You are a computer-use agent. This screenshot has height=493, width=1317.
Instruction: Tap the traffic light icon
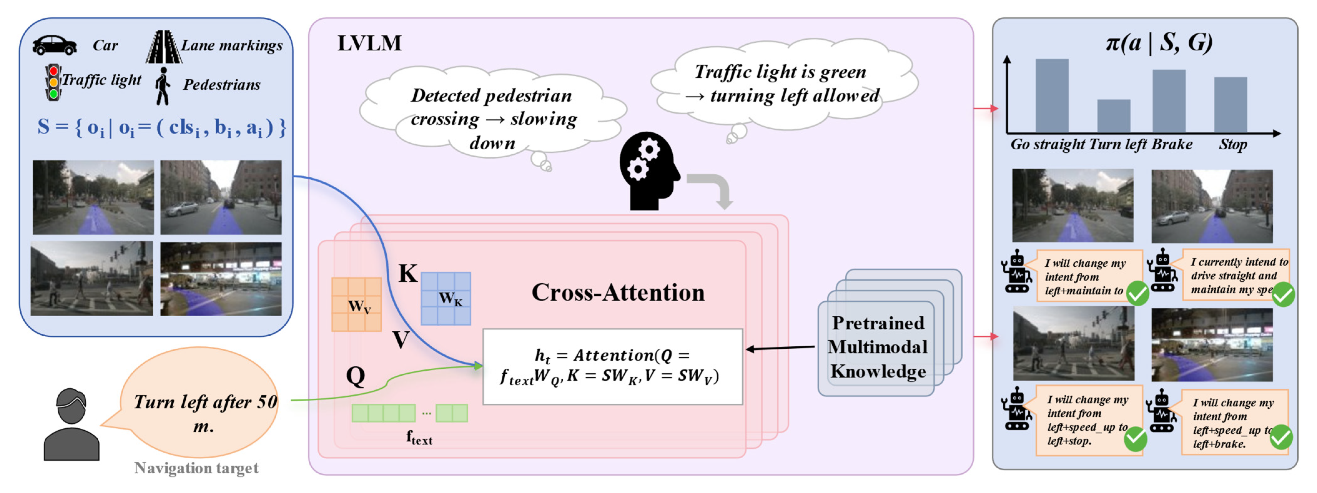point(53,82)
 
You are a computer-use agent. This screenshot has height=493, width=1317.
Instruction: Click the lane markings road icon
point(164,47)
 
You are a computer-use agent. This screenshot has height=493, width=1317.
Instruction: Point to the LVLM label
point(369,43)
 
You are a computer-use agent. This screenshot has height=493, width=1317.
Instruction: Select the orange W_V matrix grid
point(356,304)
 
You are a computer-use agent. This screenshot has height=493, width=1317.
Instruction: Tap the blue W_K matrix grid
point(446,299)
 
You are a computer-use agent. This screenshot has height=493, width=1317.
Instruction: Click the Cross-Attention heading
point(617,293)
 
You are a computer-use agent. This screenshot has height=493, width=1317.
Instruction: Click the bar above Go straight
point(1052,96)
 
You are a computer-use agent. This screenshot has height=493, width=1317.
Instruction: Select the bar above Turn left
point(1113,116)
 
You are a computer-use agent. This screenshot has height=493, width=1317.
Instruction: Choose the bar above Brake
point(1169,101)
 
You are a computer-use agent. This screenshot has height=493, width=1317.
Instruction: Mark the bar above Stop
point(1231,105)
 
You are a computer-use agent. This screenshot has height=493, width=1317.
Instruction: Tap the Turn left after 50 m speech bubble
point(202,404)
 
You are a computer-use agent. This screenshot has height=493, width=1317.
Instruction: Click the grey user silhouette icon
point(71,425)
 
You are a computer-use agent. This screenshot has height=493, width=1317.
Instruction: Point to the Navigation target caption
point(196,468)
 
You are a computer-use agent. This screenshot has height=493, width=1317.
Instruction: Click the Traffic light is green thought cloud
point(784,84)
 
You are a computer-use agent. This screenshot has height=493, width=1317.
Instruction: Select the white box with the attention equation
point(612,367)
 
